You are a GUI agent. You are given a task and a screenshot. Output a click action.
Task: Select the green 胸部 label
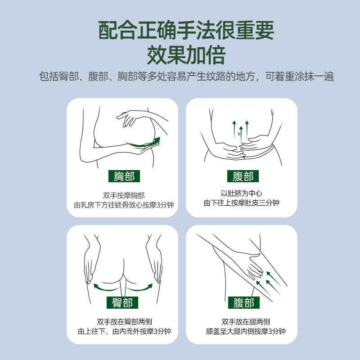tap(124, 176)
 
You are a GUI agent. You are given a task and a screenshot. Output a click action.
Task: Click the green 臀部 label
tap(122, 302)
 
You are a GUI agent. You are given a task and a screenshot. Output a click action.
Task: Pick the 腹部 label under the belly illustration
tap(243, 176)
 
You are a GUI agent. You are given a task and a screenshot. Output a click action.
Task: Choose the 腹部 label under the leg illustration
tap(243, 302)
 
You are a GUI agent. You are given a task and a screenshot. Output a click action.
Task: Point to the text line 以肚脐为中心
tap(242, 193)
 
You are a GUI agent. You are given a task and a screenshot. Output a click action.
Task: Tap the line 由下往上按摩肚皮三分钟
tap(242, 203)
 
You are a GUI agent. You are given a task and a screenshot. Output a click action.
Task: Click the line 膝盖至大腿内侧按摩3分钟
tap(246, 332)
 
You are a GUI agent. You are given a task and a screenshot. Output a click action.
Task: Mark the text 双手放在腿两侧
tap(246, 321)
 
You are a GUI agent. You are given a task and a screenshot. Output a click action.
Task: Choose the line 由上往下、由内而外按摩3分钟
tap(124, 332)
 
